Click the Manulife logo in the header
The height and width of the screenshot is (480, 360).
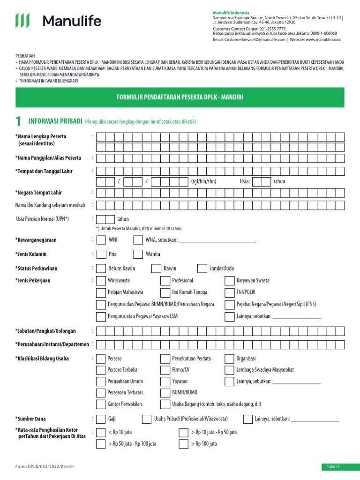[x=58, y=21]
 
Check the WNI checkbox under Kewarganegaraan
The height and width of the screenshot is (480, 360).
[x=101, y=240]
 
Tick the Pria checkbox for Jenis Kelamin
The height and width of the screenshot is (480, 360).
[x=101, y=254]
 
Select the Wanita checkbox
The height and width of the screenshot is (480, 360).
[x=138, y=254]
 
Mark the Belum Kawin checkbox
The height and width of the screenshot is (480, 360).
[x=101, y=268]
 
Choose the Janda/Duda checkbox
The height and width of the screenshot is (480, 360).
[x=202, y=268]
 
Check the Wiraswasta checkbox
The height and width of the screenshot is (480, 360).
[x=101, y=281]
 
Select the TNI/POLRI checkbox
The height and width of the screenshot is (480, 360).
[x=229, y=292]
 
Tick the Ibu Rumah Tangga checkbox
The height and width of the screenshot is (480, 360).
[x=165, y=292]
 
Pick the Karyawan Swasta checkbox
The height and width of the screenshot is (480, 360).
[x=229, y=281]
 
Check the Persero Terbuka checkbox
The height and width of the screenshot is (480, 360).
[x=101, y=370]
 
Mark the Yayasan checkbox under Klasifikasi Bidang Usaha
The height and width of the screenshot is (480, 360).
[x=165, y=381]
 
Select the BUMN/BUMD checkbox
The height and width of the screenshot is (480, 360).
[x=165, y=392]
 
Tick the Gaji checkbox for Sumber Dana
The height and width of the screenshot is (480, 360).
[x=101, y=419]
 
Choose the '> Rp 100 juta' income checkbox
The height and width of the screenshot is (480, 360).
[x=183, y=444]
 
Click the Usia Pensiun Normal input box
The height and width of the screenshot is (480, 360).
[x=105, y=219]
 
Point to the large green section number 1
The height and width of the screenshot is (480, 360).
[x=18, y=122]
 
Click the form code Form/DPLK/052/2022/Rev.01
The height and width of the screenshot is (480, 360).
[x=45, y=466]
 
